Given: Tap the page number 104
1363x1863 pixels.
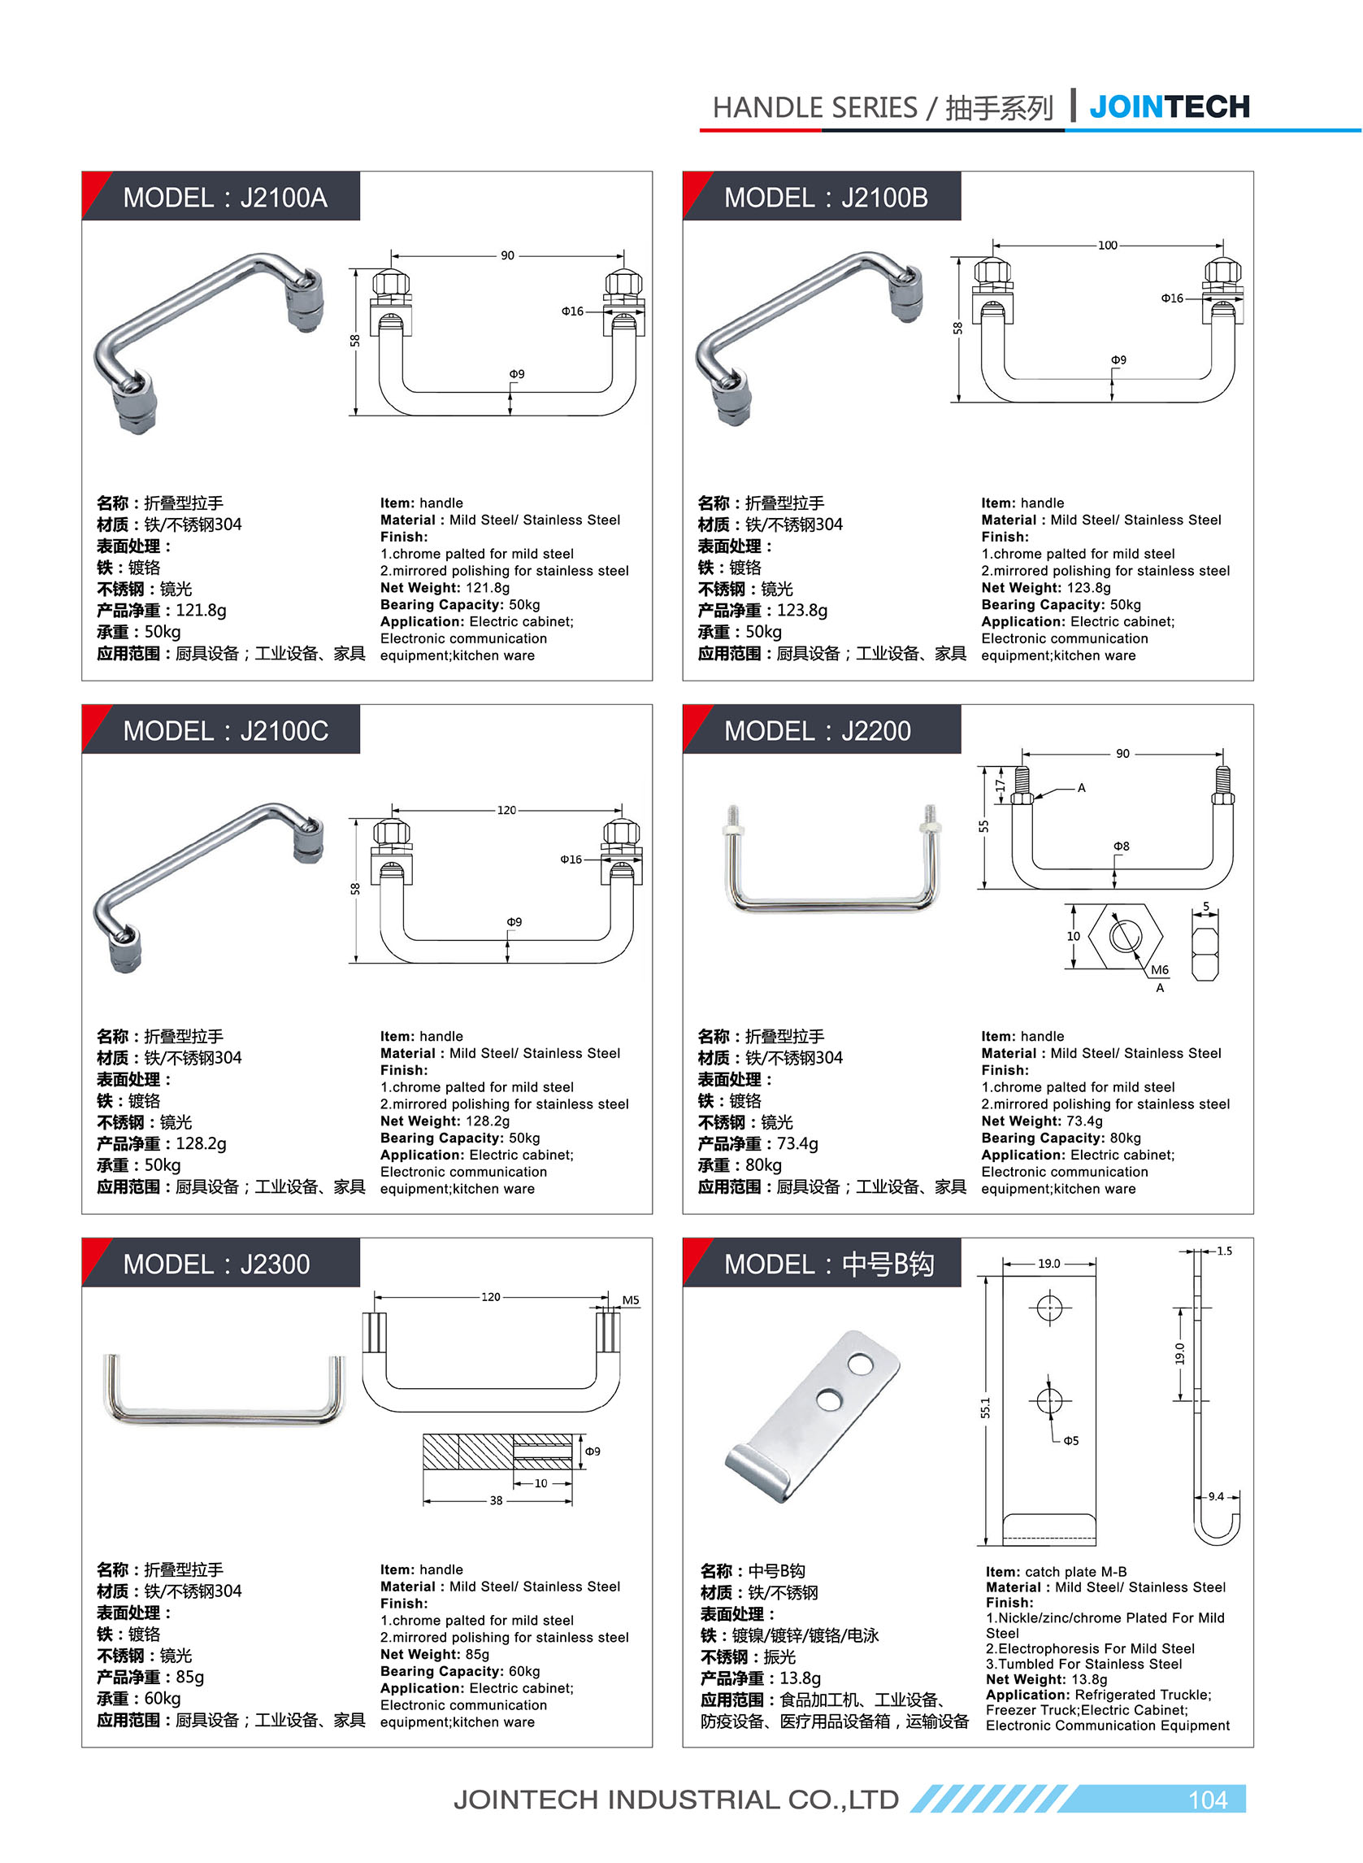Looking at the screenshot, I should click(x=1207, y=1800).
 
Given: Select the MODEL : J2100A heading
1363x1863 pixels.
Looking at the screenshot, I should click(x=224, y=198).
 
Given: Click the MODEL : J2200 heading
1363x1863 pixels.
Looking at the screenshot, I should click(x=817, y=730).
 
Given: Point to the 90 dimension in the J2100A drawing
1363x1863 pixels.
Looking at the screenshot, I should click(x=507, y=256).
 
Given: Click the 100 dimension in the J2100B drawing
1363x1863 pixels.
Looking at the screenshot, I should click(x=1107, y=245).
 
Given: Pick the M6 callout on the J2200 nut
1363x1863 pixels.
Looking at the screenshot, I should click(x=1159, y=970).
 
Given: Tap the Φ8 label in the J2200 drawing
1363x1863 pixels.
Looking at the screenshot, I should click(x=1122, y=846).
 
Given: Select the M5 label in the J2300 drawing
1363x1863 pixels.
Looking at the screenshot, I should click(x=631, y=1300).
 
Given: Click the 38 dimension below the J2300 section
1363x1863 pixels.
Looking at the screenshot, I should click(x=496, y=1500).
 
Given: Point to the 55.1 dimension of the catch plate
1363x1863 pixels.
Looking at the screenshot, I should click(x=985, y=1408).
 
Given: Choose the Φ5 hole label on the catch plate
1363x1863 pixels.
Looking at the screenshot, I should click(x=1070, y=1440).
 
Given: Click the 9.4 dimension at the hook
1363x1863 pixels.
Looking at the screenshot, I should click(x=1216, y=1495).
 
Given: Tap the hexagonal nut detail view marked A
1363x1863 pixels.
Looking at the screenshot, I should click(x=1125, y=936).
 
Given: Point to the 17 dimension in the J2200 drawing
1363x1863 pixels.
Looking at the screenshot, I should click(x=1000, y=784).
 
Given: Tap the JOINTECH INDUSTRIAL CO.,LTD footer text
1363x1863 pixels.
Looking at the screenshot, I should click(x=675, y=1800).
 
